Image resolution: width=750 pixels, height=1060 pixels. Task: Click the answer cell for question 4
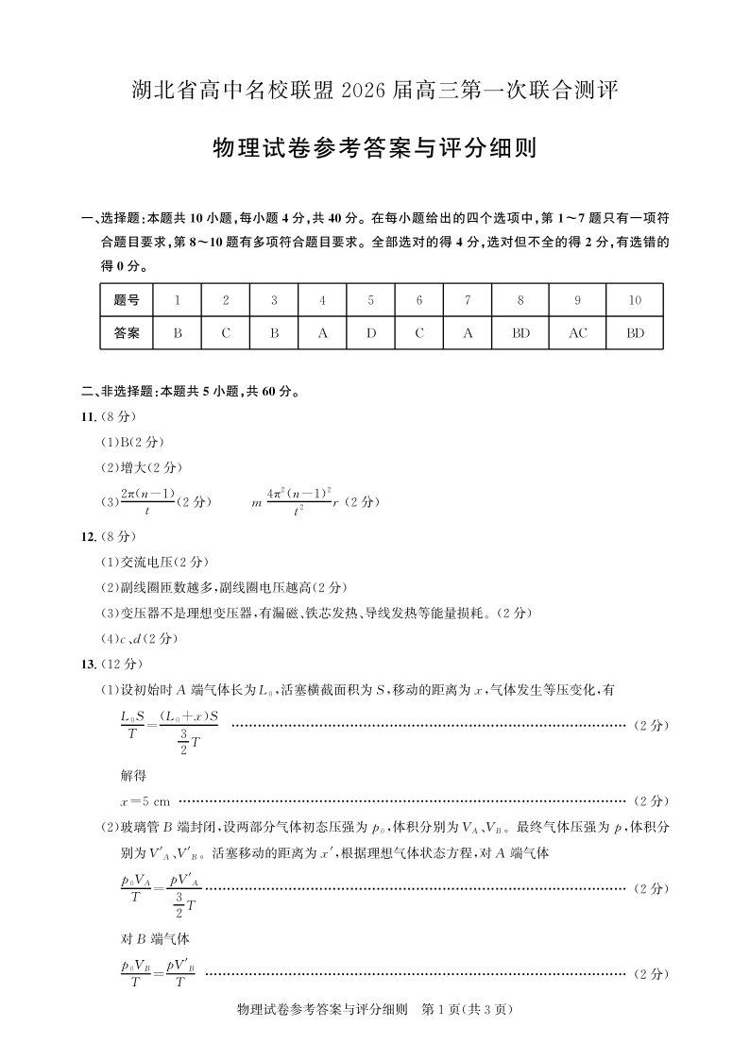tap(322, 333)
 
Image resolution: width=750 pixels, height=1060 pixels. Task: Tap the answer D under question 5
tap(371, 333)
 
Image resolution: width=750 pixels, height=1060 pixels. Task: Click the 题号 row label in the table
tap(127, 300)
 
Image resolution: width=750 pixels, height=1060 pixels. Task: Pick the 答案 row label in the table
tap(127, 333)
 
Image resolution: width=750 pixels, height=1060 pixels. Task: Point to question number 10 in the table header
tap(635, 300)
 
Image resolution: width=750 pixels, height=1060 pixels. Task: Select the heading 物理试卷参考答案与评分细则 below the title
tap(375, 149)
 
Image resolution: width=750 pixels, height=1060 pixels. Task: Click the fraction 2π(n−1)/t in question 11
tap(148, 501)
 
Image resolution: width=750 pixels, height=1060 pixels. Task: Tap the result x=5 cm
tap(145, 801)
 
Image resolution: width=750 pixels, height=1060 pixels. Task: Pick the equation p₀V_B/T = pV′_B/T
tap(158, 972)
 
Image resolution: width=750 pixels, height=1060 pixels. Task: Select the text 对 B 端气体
tap(143, 939)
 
